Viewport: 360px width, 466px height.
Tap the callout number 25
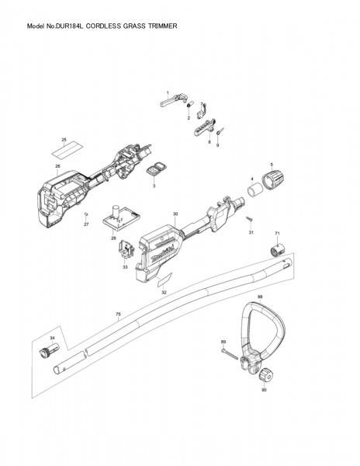click(64, 139)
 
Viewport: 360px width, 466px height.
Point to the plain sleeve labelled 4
click(255, 190)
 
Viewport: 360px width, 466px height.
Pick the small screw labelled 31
click(249, 219)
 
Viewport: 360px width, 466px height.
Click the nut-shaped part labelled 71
click(278, 250)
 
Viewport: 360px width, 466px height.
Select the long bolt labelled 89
click(229, 354)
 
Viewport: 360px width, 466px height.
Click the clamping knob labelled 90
click(265, 376)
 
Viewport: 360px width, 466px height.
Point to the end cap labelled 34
click(49, 350)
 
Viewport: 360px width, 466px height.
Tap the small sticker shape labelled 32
click(164, 280)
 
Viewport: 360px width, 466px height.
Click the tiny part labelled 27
click(86, 214)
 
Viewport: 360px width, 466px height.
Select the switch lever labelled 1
click(174, 100)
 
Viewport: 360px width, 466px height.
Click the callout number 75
click(118, 314)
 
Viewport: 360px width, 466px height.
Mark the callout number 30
click(175, 214)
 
